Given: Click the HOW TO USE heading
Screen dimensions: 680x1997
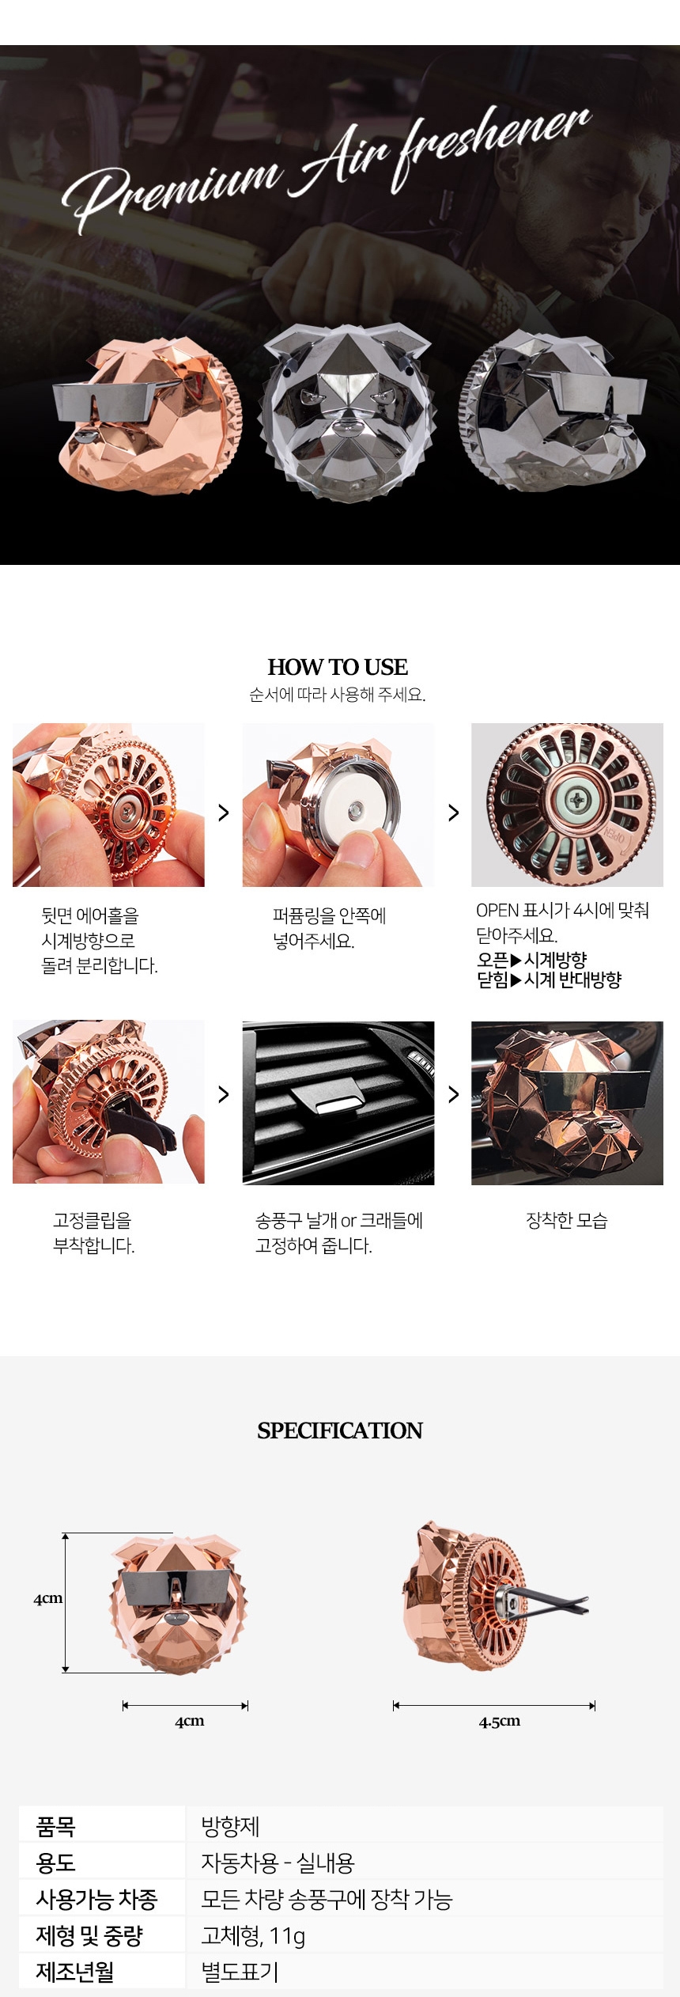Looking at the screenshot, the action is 338,666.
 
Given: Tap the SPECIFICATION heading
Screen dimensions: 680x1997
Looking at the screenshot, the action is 340,1430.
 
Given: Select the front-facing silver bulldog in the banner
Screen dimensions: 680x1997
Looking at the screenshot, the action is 348,411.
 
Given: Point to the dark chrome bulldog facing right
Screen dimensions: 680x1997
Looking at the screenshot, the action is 553,411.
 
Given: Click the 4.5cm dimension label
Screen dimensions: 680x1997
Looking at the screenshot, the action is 500,1721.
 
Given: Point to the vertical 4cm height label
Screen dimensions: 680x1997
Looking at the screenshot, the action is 47,1598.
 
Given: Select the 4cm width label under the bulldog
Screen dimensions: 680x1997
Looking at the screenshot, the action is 190,1721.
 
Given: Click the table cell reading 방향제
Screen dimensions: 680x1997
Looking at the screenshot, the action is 231,1826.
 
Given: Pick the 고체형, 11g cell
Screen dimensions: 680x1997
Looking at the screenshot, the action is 253,1935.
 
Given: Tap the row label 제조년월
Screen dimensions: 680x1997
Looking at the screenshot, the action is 75,1972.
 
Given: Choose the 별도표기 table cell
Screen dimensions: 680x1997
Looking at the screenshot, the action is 240,1972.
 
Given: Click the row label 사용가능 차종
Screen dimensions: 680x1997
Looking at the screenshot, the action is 96,1899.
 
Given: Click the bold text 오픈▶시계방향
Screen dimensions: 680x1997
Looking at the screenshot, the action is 531,960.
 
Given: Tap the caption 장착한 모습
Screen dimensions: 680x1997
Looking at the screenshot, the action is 567,1220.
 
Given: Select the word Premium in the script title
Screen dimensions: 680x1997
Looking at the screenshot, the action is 174,190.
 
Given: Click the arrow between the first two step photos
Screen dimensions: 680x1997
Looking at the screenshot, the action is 224,813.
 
